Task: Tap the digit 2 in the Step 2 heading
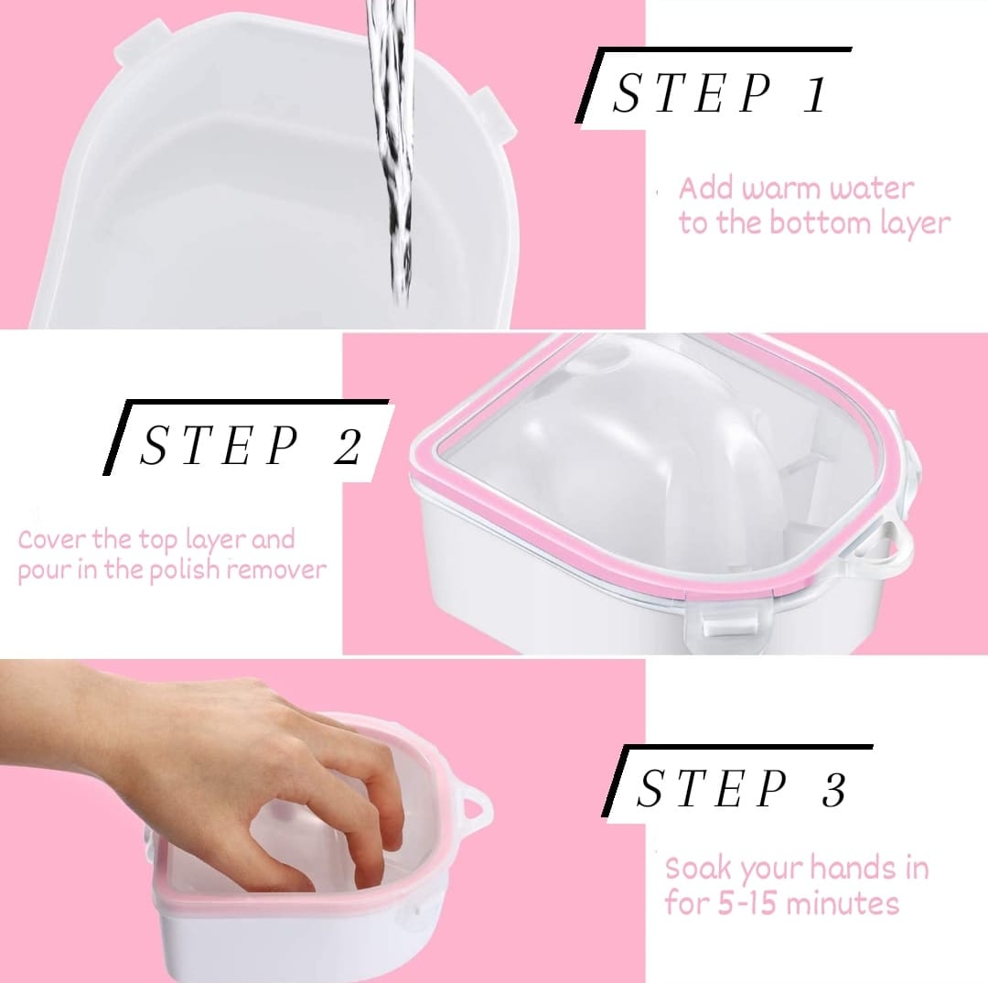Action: [x=349, y=447]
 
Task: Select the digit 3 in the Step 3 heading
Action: [x=833, y=789]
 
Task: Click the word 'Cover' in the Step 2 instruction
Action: [x=53, y=540]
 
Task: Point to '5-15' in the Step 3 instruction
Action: [x=748, y=904]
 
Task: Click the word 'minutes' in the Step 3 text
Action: [x=843, y=903]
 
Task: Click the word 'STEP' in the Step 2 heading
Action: [x=219, y=445]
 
